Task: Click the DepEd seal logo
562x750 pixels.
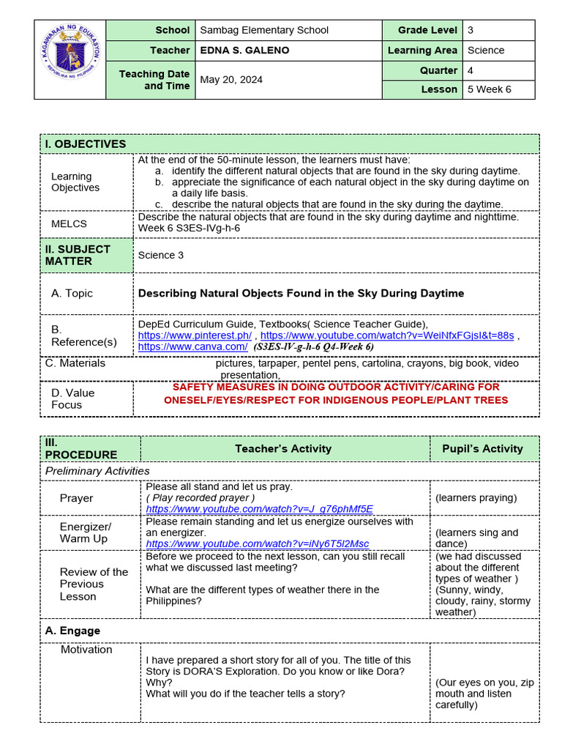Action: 70,59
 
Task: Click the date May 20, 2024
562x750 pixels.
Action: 231,80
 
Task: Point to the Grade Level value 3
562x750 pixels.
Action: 471,30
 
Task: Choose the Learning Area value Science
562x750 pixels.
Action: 486,51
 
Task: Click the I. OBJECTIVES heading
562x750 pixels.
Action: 86,144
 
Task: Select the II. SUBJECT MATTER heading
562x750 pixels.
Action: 78,255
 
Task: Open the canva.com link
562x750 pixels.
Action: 192,346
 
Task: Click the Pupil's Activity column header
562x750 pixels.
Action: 482,448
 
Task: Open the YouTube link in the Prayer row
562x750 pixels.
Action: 259,509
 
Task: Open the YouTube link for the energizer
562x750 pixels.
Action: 258,544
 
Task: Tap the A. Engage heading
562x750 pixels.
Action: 72,631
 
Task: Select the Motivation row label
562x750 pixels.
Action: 86,650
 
